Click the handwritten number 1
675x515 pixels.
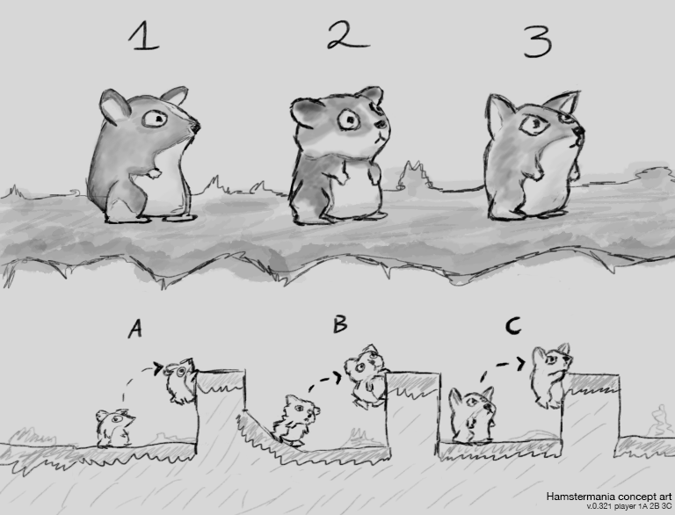[x=144, y=36]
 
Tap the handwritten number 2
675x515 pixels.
[x=347, y=35]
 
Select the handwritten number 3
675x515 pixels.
[x=538, y=41]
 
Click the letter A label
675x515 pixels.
[x=135, y=330]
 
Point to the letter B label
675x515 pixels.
[x=340, y=323]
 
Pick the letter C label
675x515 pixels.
[x=513, y=326]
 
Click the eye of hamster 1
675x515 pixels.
[x=155, y=118]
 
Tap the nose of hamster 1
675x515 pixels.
[x=195, y=127]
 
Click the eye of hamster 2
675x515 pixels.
[x=349, y=120]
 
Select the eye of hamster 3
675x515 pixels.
[x=534, y=125]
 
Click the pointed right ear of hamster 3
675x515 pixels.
[x=562, y=103]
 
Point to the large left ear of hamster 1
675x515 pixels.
[x=114, y=106]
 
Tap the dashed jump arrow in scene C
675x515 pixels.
[x=499, y=365]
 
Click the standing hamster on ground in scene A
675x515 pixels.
[x=115, y=429]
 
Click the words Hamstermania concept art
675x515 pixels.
[x=609, y=497]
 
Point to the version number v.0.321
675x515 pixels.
[x=599, y=506]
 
